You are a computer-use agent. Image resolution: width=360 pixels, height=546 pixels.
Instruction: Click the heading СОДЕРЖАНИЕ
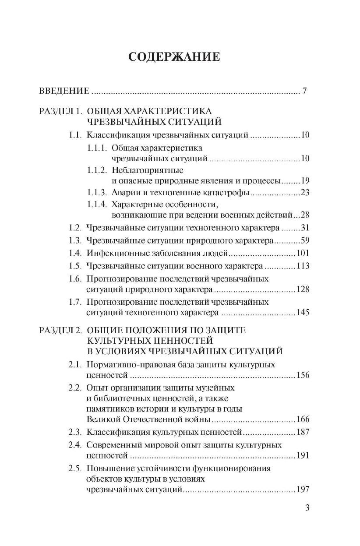[x=174, y=57]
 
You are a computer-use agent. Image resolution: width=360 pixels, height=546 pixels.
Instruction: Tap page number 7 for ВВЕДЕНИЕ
[x=304, y=92]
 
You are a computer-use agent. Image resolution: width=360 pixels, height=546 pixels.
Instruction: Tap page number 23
[x=305, y=193]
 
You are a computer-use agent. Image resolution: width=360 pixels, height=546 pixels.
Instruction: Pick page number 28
[x=305, y=215]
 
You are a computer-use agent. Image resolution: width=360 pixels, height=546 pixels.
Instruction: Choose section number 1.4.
[x=75, y=253]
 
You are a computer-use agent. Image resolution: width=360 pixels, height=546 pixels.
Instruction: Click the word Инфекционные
[x=113, y=253]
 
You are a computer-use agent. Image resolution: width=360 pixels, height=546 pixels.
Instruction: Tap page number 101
[x=303, y=253]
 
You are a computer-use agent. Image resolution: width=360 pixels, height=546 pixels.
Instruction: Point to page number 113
[x=303, y=266]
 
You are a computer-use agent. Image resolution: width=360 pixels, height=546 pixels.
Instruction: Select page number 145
[x=303, y=313]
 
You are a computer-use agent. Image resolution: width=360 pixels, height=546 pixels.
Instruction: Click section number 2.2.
[x=75, y=387]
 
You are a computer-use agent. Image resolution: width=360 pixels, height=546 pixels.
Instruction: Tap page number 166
[x=303, y=419]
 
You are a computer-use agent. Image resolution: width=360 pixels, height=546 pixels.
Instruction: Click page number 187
[x=303, y=432]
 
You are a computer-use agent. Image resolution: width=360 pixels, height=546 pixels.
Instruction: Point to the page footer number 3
[x=307, y=508]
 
